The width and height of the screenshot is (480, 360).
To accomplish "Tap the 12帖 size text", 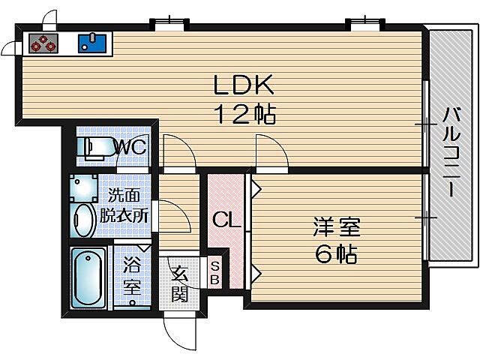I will [x=244, y=115].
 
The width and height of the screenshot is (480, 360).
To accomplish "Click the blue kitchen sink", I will [x=92, y=43].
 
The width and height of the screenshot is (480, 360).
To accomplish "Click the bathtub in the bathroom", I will [x=88, y=278].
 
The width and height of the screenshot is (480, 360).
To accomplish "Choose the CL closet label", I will [x=224, y=220].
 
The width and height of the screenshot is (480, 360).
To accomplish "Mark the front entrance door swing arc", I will [x=180, y=325].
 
